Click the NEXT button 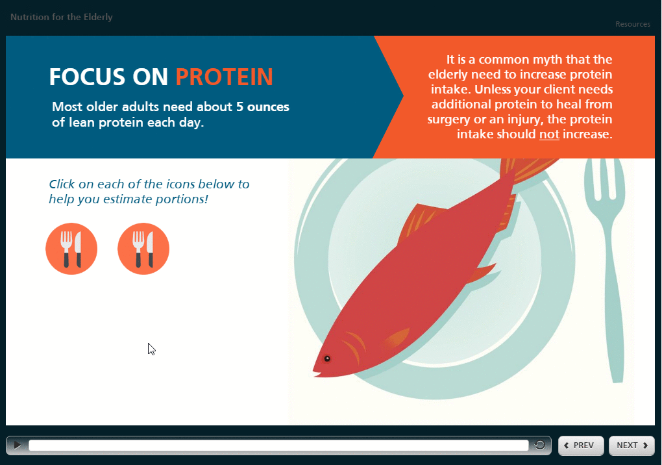pos(631,445)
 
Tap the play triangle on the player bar pos(17,445)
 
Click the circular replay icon pos(539,445)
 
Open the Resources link pos(632,24)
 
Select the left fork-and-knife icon pos(71,249)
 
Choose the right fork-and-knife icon pos(143,249)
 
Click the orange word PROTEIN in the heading pos(224,77)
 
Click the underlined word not pos(549,134)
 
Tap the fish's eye pos(326,358)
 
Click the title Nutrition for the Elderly pos(62,18)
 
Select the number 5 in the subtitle pos(239,107)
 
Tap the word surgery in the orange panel pos(448,120)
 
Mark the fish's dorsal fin pos(420,220)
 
